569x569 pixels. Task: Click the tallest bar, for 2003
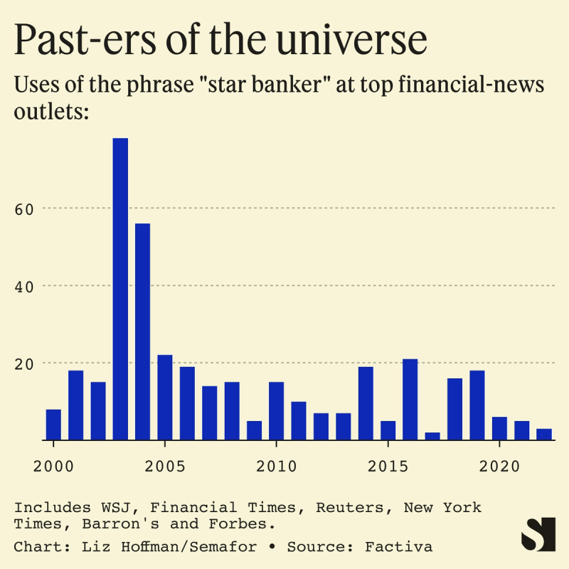(x=120, y=289)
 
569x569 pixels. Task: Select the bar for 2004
(x=142, y=331)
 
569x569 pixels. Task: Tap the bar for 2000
(x=53, y=425)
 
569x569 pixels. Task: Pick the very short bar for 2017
(x=432, y=436)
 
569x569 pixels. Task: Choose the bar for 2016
(x=410, y=399)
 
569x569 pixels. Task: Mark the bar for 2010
(x=276, y=410)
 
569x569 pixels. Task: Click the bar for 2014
(x=366, y=403)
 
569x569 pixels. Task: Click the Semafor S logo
(x=537, y=533)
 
